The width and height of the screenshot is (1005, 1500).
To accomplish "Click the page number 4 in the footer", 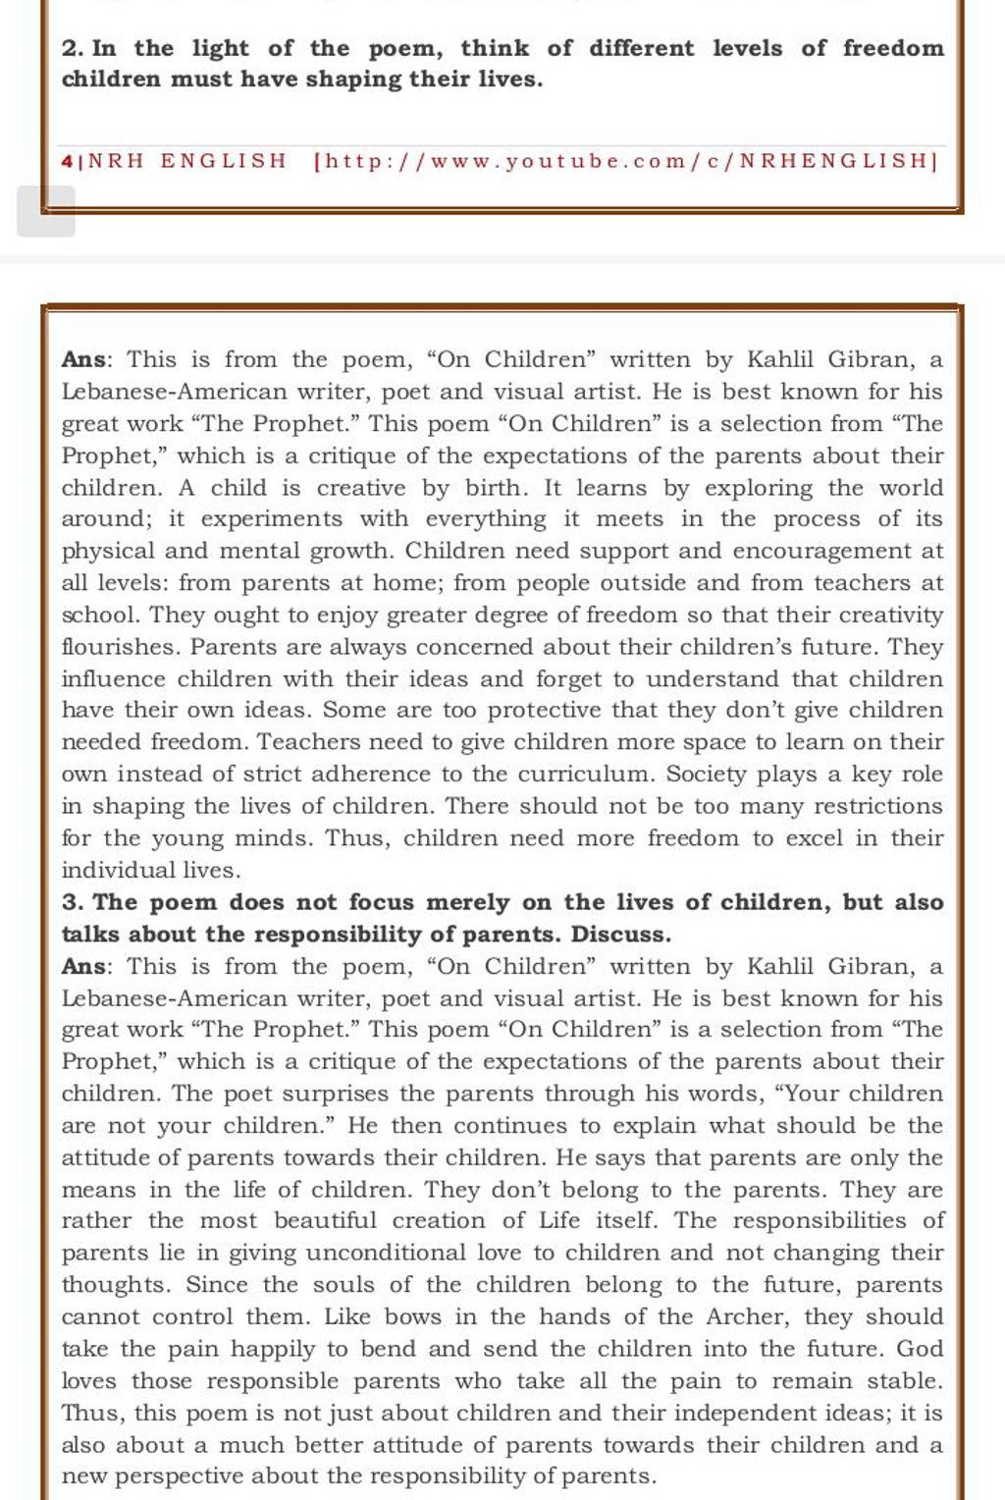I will (66, 161).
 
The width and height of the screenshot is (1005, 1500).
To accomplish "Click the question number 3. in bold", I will (73, 902).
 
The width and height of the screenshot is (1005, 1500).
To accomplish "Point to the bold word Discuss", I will (621, 934).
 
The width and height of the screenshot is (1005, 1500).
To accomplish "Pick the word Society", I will (707, 775).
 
